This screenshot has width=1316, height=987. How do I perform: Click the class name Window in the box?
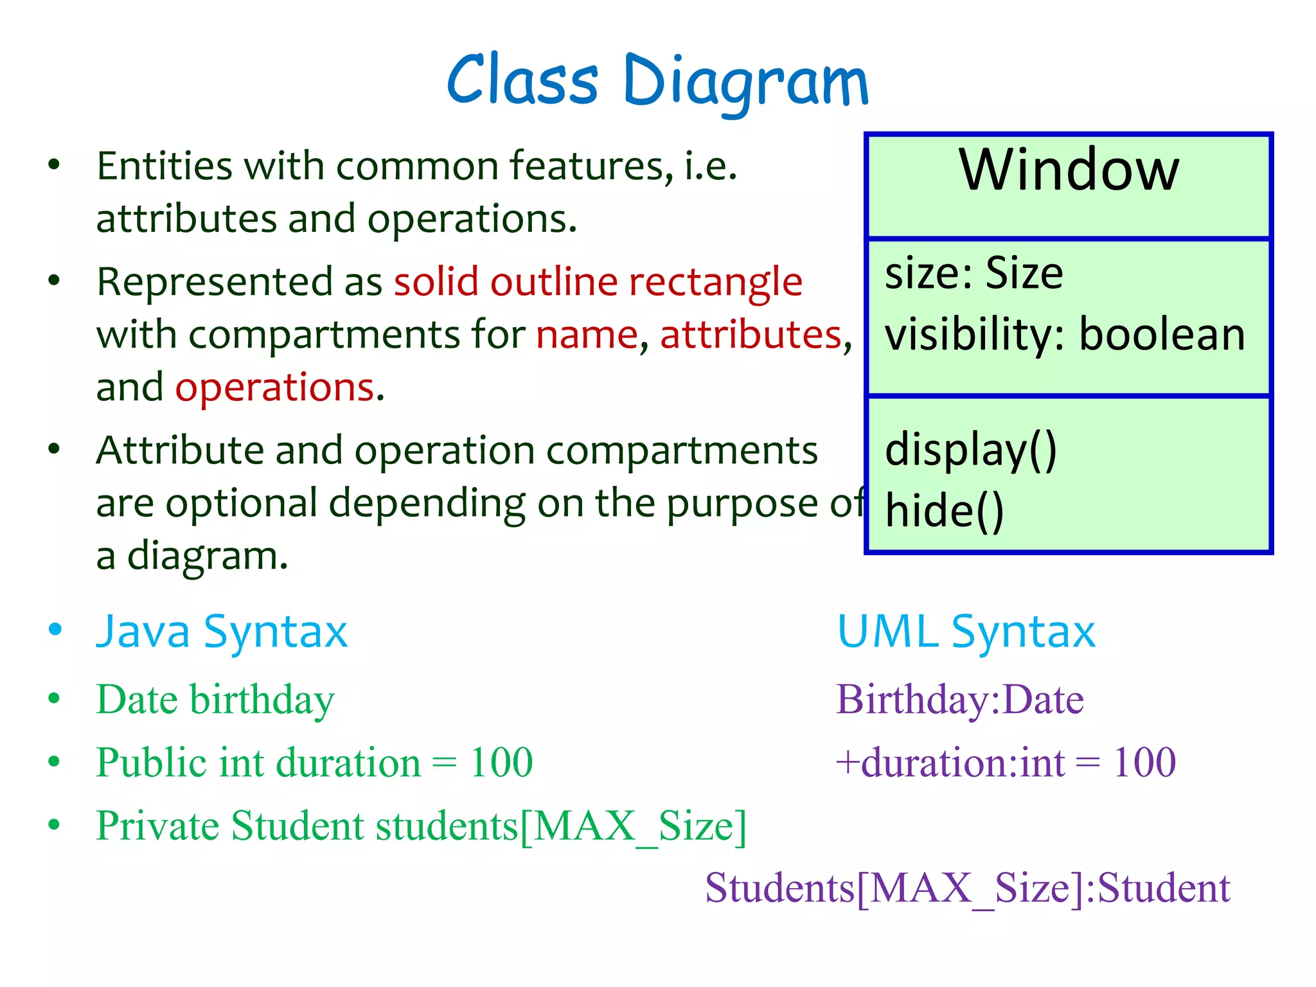tap(1069, 170)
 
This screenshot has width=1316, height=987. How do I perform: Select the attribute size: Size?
tap(974, 274)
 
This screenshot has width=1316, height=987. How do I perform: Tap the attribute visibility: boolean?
tap(1065, 335)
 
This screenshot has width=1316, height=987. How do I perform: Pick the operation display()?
tap(970, 450)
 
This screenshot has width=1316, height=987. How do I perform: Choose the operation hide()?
tap(944, 511)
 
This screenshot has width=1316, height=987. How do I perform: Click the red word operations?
tap(275, 388)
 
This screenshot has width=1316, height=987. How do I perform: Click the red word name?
tap(587, 335)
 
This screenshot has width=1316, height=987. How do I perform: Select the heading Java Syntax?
tap(222, 632)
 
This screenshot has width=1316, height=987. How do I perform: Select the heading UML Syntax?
tap(966, 632)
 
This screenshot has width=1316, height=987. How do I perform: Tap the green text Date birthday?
tap(215, 699)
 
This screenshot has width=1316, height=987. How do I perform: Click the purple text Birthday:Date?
tap(959, 699)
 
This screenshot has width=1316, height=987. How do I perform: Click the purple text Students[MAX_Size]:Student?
tap(967, 889)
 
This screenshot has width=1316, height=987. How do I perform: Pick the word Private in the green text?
tap(159, 826)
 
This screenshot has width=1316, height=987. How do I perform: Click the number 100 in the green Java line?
tap(501, 763)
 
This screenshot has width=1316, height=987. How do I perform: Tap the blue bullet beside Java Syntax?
tap(55, 629)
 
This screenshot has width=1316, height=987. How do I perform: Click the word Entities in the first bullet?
tap(164, 166)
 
